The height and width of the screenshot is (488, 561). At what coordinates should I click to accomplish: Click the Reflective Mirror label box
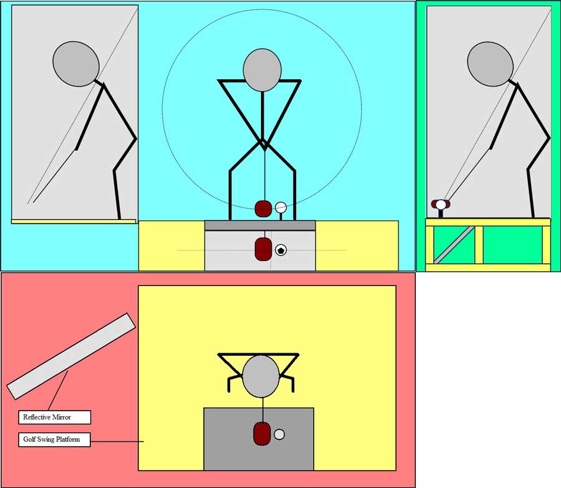[x=54, y=417]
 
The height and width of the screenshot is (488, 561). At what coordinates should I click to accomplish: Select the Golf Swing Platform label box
[x=54, y=439]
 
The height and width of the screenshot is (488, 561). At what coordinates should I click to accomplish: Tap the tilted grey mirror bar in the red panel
[x=71, y=356]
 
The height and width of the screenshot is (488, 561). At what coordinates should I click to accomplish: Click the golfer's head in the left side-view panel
[x=76, y=64]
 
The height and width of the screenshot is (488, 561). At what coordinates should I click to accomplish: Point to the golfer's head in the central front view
[x=262, y=70]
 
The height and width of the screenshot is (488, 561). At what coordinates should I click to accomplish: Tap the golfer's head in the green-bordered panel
[x=490, y=64]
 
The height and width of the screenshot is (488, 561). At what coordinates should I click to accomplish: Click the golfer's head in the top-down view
[x=261, y=376]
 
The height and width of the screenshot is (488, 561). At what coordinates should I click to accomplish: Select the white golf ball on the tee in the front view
[x=281, y=207]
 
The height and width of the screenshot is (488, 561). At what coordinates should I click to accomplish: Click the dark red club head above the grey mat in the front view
[x=263, y=209]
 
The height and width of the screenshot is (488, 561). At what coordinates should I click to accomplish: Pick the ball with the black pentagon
[x=281, y=250]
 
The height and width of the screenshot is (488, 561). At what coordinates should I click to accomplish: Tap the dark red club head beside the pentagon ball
[x=263, y=249]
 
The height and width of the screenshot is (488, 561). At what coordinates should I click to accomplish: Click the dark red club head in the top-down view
[x=262, y=434]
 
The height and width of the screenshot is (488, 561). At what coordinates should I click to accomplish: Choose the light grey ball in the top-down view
[x=279, y=434]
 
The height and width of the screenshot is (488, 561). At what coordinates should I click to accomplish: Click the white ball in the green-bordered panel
[x=441, y=204]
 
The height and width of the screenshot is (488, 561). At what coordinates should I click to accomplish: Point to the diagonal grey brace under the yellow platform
[x=454, y=245]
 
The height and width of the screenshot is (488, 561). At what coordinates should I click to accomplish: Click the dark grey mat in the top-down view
[x=259, y=439]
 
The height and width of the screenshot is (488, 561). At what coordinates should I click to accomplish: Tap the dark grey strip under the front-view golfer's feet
[x=260, y=226]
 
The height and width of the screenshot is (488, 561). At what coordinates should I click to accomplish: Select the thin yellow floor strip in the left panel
[x=74, y=221]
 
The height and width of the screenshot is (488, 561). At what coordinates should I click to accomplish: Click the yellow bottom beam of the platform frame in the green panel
[x=488, y=267]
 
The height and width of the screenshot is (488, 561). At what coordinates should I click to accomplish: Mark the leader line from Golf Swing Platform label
[x=117, y=441]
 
